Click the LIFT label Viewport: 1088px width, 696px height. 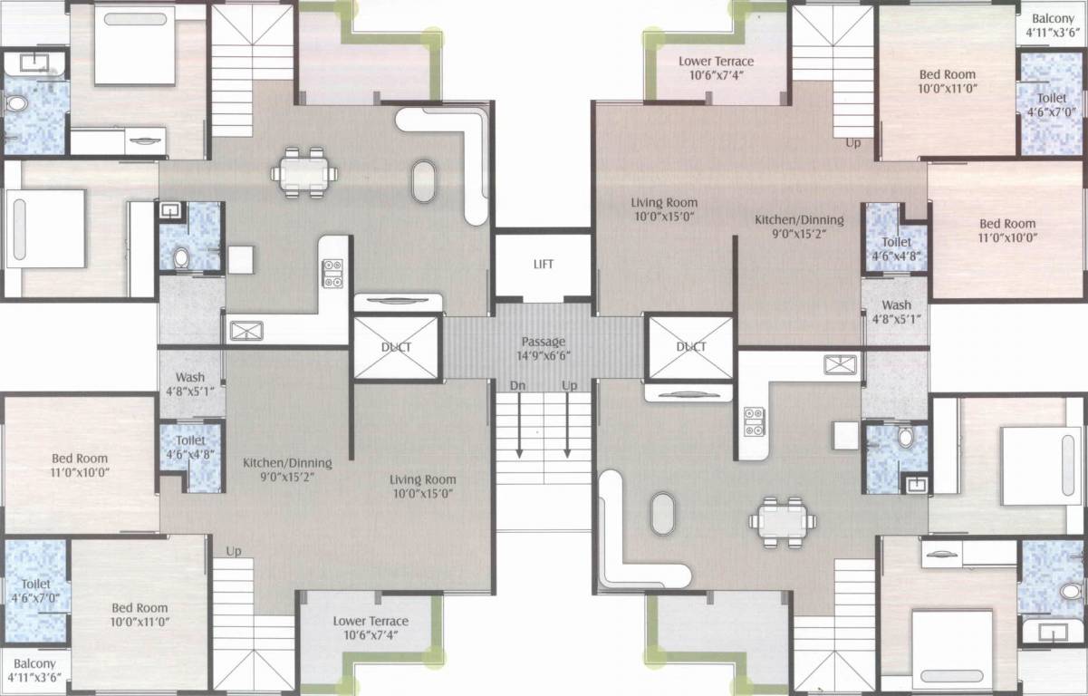543,265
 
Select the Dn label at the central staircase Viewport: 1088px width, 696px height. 517,385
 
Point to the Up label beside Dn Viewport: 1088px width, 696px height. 569,385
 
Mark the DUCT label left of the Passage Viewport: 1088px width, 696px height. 396,346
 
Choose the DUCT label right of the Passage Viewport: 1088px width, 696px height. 691,346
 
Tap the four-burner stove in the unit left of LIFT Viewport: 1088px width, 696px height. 332,273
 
